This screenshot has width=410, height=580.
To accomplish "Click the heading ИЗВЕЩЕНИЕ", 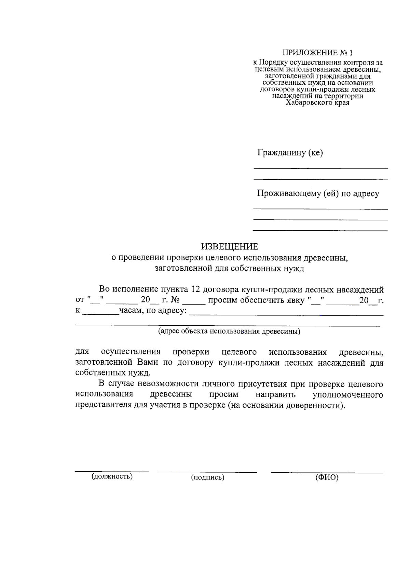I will (229, 246).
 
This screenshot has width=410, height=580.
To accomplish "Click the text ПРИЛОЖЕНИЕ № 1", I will (317, 53).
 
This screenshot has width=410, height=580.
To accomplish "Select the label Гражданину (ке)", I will (290, 152).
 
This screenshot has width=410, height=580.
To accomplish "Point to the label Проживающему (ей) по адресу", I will (318, 193).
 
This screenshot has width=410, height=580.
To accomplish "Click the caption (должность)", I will (112, 476).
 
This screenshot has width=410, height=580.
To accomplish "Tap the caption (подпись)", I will (207, 477).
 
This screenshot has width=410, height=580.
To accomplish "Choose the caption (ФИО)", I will (327, 477).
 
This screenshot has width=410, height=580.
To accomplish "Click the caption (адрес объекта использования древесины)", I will (229, 331).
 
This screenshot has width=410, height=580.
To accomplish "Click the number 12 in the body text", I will (195, 289).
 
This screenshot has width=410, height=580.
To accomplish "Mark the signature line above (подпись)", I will (207, 472).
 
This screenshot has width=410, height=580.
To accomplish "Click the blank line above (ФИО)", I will (327, 473).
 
